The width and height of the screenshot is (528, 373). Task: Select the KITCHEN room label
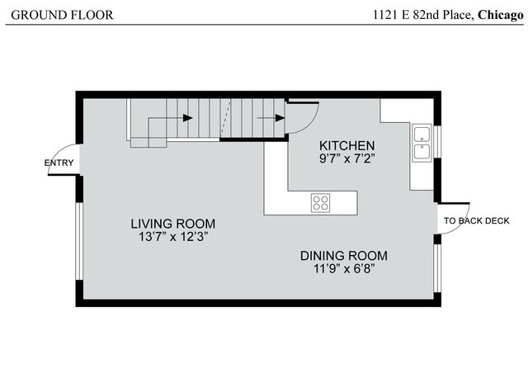click(x=347, y=144)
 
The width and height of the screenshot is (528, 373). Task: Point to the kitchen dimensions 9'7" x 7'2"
click(x=347, y=159)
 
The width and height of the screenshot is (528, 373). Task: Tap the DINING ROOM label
click(x=343, y=255)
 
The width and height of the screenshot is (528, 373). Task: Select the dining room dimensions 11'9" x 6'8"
click(x=343, y=268)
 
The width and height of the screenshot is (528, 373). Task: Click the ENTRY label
click(x=59, y=163)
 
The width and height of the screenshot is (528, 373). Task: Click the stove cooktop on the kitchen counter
click(x=320, y=201)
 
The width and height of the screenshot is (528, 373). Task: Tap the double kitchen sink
click(x=422, y=142)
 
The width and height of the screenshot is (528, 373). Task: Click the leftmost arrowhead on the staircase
click(x=188, y=118)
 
